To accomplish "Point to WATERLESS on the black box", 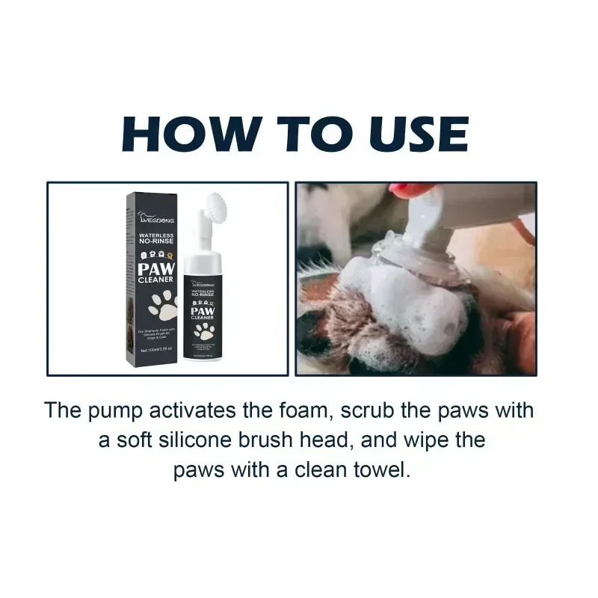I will coord(155,235).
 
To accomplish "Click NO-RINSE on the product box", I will coord(155,244).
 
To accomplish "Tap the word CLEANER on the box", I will coord(155,280).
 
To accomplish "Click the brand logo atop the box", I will coord(155,218).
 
